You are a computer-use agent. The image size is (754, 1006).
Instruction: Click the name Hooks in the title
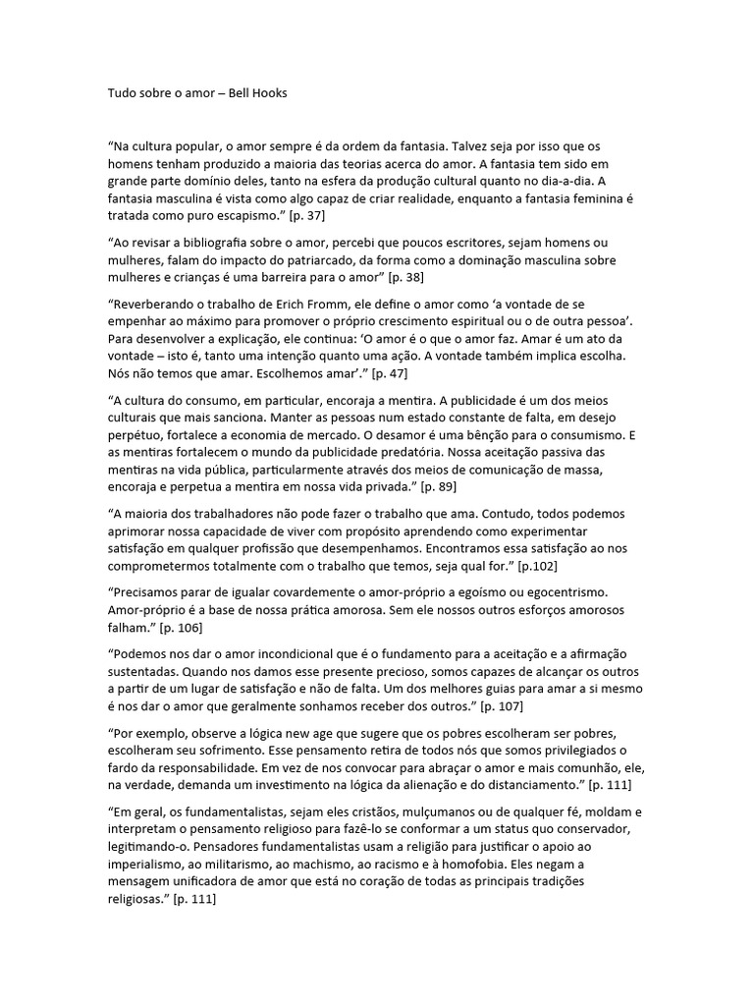point(269,94)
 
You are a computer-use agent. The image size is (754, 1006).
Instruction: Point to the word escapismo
point(242,215)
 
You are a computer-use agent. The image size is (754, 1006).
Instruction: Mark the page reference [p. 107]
point(475,706)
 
